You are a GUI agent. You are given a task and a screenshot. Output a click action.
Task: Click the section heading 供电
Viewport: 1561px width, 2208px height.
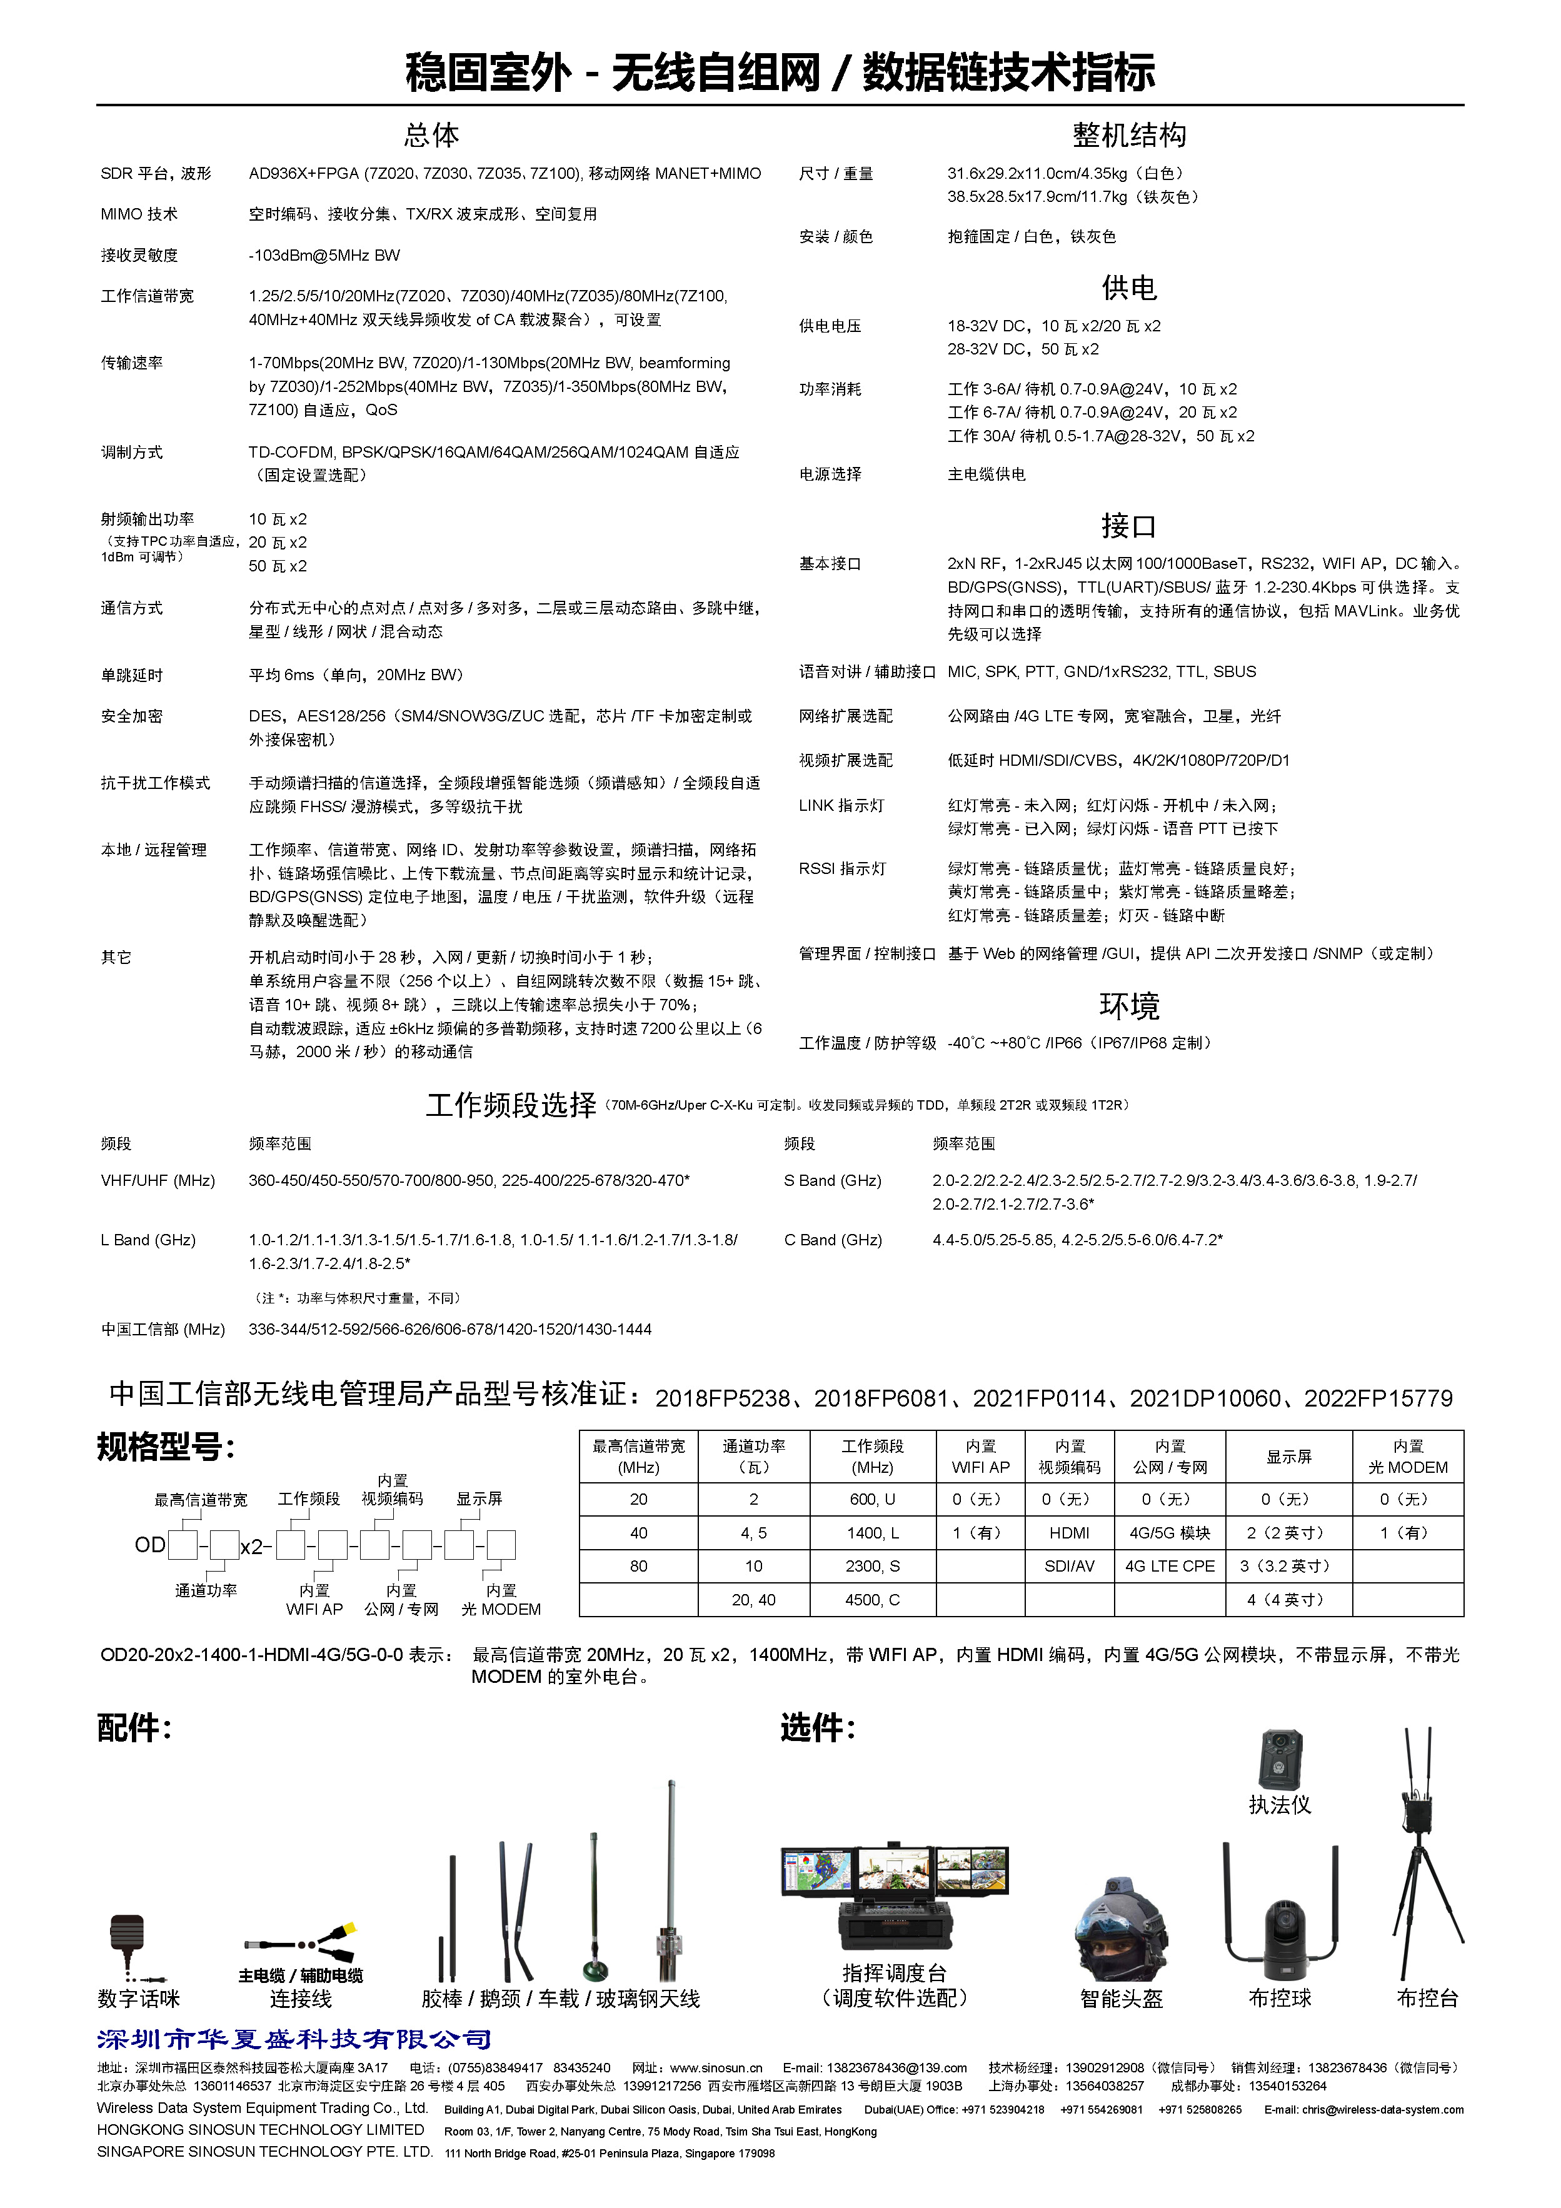1128,288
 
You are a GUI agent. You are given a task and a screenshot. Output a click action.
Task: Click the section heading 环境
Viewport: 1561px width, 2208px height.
1128,1006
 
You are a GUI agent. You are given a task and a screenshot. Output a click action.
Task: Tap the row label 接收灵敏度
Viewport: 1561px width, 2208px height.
139,256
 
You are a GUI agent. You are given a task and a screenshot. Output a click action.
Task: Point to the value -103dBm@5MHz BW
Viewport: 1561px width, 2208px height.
324,256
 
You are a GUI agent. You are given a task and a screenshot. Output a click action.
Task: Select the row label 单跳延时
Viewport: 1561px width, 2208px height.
132,675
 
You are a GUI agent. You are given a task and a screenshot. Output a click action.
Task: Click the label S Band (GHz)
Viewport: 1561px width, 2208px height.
832,1181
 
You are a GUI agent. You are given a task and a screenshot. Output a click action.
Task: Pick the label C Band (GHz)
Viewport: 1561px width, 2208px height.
833,1240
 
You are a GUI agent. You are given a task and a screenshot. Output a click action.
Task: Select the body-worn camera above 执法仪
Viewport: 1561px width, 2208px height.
1280,1760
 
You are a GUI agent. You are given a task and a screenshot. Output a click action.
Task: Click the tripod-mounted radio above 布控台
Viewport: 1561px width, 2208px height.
1427,1875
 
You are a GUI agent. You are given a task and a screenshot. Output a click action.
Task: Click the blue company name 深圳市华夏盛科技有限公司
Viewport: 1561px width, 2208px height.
293,2039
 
